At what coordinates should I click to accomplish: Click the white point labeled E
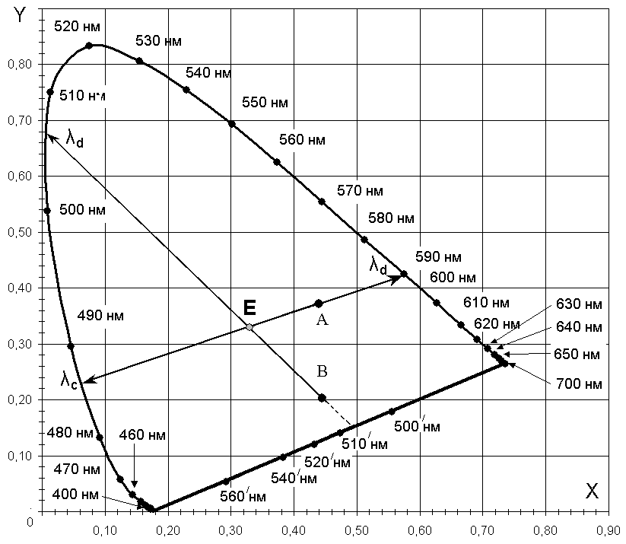pos(249,326)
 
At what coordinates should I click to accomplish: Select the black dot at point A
pos(319,304)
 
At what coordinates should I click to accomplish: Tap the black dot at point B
pos(322,398)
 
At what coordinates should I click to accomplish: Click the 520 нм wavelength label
pos(77,27)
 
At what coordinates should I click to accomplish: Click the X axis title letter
pos(592,492)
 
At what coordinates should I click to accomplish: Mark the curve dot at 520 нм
pos(89,46)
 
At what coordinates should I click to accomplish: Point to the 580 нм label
pos(391,218)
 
